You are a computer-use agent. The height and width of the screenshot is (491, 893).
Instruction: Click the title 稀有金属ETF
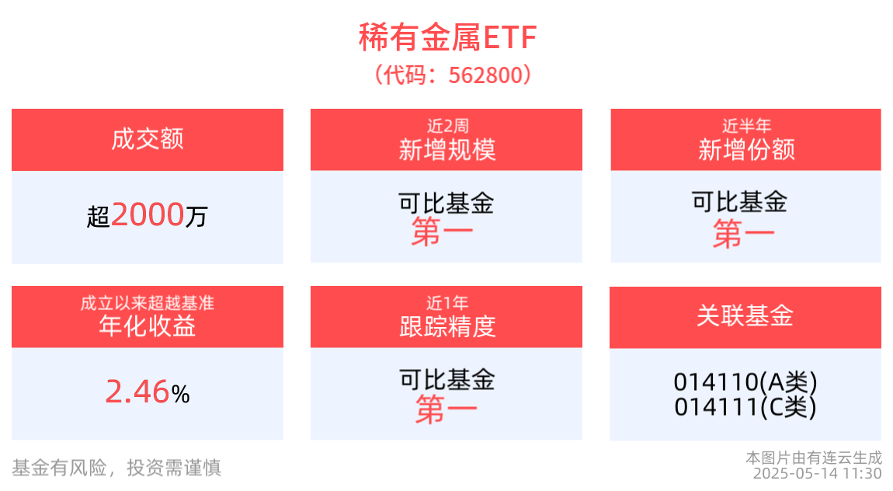click(446, 37)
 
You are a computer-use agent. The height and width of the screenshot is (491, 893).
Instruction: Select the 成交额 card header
click(148, 140)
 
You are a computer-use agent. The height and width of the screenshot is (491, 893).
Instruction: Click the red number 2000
click(148, 214)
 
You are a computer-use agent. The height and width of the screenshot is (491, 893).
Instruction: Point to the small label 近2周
click(446, 125)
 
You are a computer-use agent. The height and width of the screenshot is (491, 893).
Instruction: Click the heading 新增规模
click(446, 149)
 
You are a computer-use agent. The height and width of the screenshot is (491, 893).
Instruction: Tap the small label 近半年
click(745, 125)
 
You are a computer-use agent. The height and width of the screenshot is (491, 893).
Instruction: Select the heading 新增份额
click(745, 149)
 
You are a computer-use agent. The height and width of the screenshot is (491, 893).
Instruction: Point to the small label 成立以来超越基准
click(148, 302)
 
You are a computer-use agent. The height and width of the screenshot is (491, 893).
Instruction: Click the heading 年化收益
click(148, 326)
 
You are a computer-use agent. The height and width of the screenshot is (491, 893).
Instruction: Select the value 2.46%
click(148, 393)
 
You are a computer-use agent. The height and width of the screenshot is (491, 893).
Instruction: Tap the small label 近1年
click(446, 302)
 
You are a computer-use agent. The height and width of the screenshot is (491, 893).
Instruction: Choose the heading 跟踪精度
click(446, 326)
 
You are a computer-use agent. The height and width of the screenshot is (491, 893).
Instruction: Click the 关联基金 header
click(745, 317)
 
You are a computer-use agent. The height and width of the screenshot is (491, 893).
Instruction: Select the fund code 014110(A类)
click(745, 382)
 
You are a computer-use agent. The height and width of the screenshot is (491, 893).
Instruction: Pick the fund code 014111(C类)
click(745, 406)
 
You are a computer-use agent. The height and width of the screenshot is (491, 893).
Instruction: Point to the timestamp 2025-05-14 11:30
click(817, 473)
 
